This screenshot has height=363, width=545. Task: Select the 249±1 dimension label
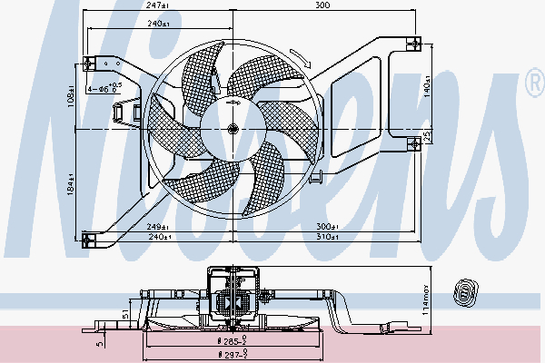coord(159,226)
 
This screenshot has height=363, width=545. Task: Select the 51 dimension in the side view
coord(125,314)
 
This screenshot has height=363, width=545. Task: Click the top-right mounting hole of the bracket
coord(413,42)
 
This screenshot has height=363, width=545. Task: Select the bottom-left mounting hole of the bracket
coord(89,240)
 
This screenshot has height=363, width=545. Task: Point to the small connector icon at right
coord(464,291)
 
